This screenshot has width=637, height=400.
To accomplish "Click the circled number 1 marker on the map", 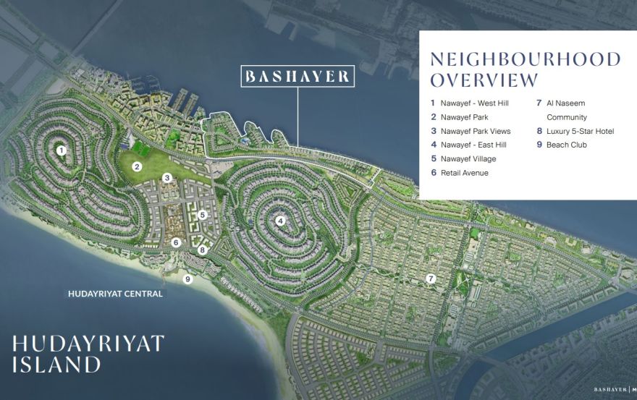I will point(62,150).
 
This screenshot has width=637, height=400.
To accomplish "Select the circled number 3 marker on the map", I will point(166,177).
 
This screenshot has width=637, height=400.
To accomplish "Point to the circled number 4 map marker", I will point(280,221).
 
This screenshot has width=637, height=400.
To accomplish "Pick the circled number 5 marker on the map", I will point(203,214).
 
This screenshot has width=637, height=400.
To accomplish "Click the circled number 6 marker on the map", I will point(176,242).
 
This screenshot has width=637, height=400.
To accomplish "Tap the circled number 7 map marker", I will point(430,278).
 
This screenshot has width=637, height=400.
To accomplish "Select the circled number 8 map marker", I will point(203,250).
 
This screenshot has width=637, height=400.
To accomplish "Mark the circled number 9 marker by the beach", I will point(187,279).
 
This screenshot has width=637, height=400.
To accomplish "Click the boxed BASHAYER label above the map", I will point(298,76).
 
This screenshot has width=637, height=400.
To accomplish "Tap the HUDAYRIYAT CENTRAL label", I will point(115,294).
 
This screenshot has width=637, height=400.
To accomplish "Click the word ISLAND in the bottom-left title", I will point(56,364).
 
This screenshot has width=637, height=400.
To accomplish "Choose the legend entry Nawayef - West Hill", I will point(474,103).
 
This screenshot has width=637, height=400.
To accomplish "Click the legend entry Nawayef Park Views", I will point(475,131).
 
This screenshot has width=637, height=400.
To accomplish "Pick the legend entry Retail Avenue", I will point(463,173).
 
